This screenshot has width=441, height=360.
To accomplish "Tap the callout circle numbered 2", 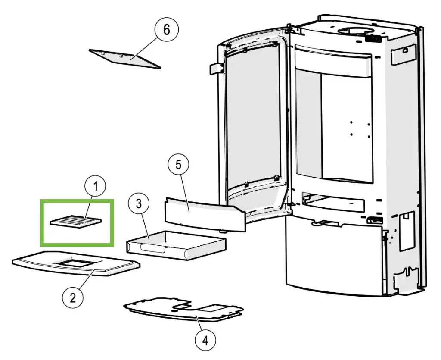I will coord(73,297).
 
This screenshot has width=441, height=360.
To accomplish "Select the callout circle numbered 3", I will coord(138,204).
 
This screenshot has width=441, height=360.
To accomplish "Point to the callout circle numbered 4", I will coord(205,341).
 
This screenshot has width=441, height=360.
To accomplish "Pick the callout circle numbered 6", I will coord(166,30).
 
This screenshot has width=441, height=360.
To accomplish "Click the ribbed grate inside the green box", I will coord(77,221).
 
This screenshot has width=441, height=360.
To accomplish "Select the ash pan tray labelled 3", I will coord(181,246).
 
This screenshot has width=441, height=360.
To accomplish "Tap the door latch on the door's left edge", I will coord(216,68).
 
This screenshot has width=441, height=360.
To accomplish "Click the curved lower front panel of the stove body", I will coord(332,259).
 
